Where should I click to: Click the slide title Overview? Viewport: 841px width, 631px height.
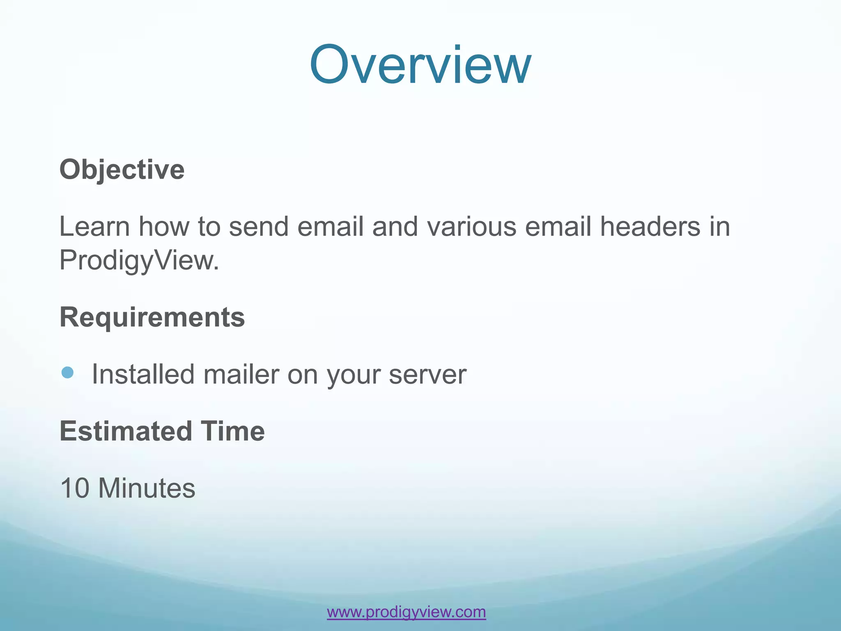click(420, 65)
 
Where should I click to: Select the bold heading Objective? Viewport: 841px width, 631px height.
click(122, 170)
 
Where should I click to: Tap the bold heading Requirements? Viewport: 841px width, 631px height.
click(152, 317)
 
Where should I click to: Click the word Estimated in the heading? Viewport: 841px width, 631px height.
click(126, 431)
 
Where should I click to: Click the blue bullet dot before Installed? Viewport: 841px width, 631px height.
click(67, 373)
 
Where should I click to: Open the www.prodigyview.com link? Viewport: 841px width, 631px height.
click(406, 612)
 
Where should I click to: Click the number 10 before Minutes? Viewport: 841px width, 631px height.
click(75, 488)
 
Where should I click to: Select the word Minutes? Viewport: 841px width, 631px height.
click(147, 488)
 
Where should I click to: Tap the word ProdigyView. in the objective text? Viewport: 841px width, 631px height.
click(139, 260)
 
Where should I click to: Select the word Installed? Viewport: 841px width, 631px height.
click(142, 375)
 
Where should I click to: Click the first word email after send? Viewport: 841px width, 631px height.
click(330, 227)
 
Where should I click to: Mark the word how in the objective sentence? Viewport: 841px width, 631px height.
click(164, 227)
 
